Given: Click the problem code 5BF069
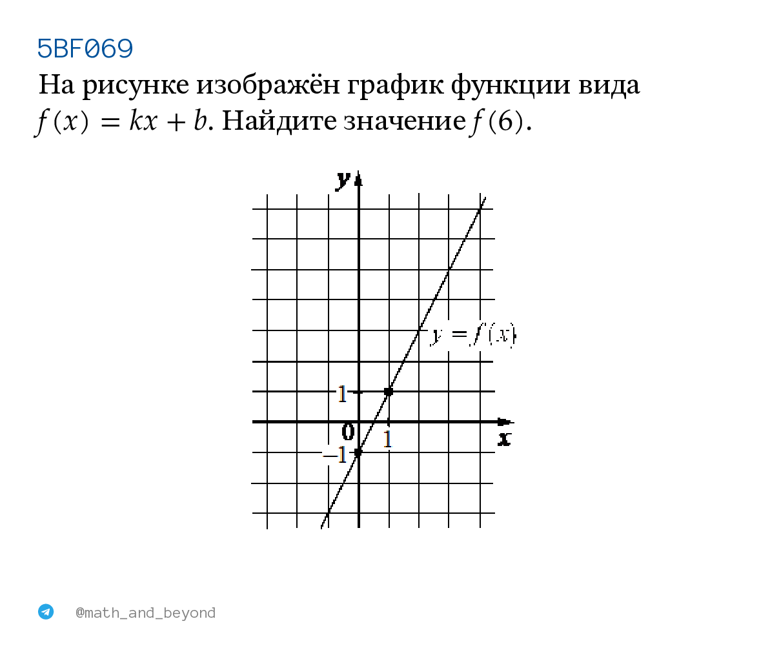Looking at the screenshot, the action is coord(85,48).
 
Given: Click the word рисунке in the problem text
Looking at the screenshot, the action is coord(136,85).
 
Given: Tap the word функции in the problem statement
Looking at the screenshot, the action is coord(511,85).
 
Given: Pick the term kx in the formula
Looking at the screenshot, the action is coord(143,121).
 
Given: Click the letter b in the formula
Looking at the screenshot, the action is coord(200,121).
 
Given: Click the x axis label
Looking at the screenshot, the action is coord(504,438).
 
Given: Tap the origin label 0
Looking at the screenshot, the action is coord(348,432).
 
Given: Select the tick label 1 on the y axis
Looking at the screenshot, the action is coord(342,394).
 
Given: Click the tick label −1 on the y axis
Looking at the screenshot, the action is coord(335,455).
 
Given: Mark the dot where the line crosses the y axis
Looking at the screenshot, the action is coord(358,452).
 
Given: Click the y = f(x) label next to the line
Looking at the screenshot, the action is coord(473,336).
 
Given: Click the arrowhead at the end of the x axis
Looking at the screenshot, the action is coord(506,422).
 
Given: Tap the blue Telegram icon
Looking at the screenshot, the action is coord(46,612).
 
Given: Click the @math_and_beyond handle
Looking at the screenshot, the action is coord(145,613).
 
